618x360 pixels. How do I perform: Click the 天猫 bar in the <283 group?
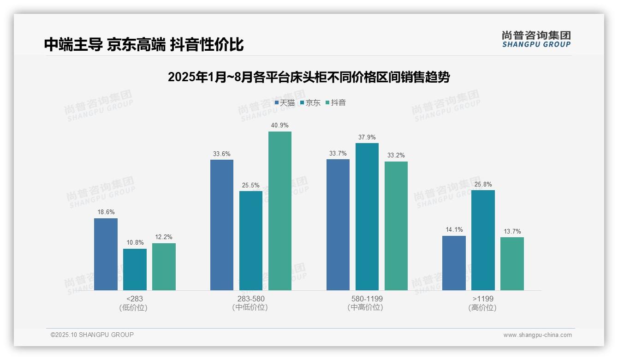106,254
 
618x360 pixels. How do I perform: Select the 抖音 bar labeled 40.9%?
280,211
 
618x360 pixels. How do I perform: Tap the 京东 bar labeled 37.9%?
367,216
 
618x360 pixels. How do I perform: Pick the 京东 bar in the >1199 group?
483,240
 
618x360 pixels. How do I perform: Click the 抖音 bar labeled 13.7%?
512,264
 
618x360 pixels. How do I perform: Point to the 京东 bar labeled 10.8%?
135,270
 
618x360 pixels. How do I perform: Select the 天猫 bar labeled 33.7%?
338,225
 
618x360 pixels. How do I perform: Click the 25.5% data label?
251,186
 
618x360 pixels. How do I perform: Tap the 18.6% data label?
106,212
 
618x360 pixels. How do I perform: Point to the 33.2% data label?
396,156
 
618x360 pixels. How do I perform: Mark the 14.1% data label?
454,230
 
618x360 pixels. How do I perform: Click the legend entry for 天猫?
285,103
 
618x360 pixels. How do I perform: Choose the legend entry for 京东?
310,103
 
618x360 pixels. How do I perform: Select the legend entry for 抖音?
336,103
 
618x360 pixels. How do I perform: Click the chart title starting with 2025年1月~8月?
309,77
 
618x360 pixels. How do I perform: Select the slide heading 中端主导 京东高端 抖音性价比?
144,45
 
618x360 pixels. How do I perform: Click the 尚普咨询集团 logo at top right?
536,39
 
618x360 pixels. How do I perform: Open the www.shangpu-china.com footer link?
537,335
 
